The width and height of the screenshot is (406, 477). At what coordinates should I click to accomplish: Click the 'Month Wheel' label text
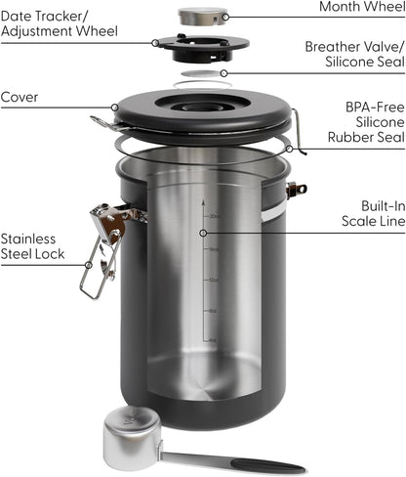[360, 8]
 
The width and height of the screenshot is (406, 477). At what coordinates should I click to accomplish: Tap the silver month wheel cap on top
[203, 15]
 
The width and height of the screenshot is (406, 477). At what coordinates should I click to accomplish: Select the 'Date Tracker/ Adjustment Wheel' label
[60, 24]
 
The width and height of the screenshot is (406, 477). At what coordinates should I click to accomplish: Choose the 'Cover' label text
[20, 98]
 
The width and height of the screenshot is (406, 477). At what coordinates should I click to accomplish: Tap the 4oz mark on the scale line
[212, 341]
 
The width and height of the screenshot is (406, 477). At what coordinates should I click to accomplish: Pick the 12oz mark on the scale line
[212, 279]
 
